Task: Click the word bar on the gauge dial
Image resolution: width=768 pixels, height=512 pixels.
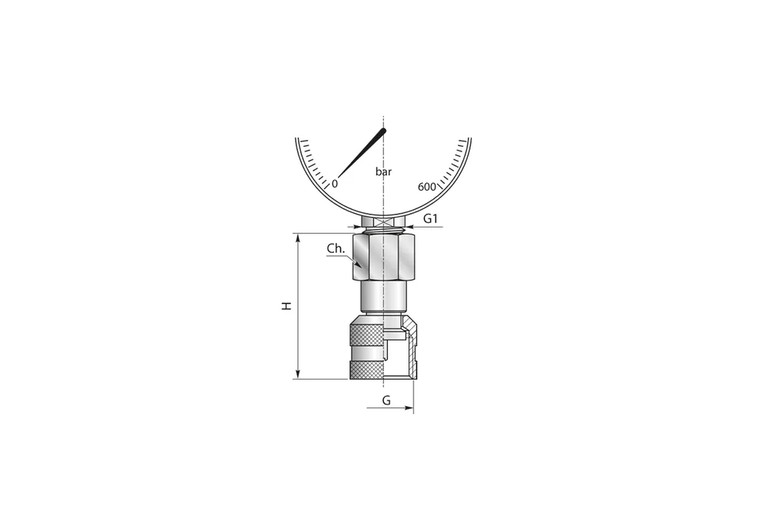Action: click(384, 172)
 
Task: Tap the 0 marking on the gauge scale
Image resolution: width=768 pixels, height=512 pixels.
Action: click(334, 185)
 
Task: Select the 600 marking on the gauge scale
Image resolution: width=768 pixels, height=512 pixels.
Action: click(427, 188)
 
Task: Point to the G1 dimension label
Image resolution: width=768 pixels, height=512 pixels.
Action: click(431, 219)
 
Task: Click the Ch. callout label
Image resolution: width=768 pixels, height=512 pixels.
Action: click(335, 248)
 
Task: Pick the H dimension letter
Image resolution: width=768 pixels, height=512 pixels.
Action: click(286, 305)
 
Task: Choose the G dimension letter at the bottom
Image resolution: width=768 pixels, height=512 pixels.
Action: click(386, 401)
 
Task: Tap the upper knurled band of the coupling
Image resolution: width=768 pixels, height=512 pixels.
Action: click(366, 334)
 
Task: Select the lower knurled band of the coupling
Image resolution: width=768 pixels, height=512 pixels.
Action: click(366, 370)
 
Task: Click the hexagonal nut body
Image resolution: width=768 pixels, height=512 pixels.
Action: click(383, 258)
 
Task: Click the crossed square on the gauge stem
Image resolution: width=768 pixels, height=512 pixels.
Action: click(383, 219)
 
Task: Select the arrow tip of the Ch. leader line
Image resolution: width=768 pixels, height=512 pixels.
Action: click(357, 264)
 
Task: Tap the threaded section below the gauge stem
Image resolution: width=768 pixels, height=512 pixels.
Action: click(383, 229)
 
